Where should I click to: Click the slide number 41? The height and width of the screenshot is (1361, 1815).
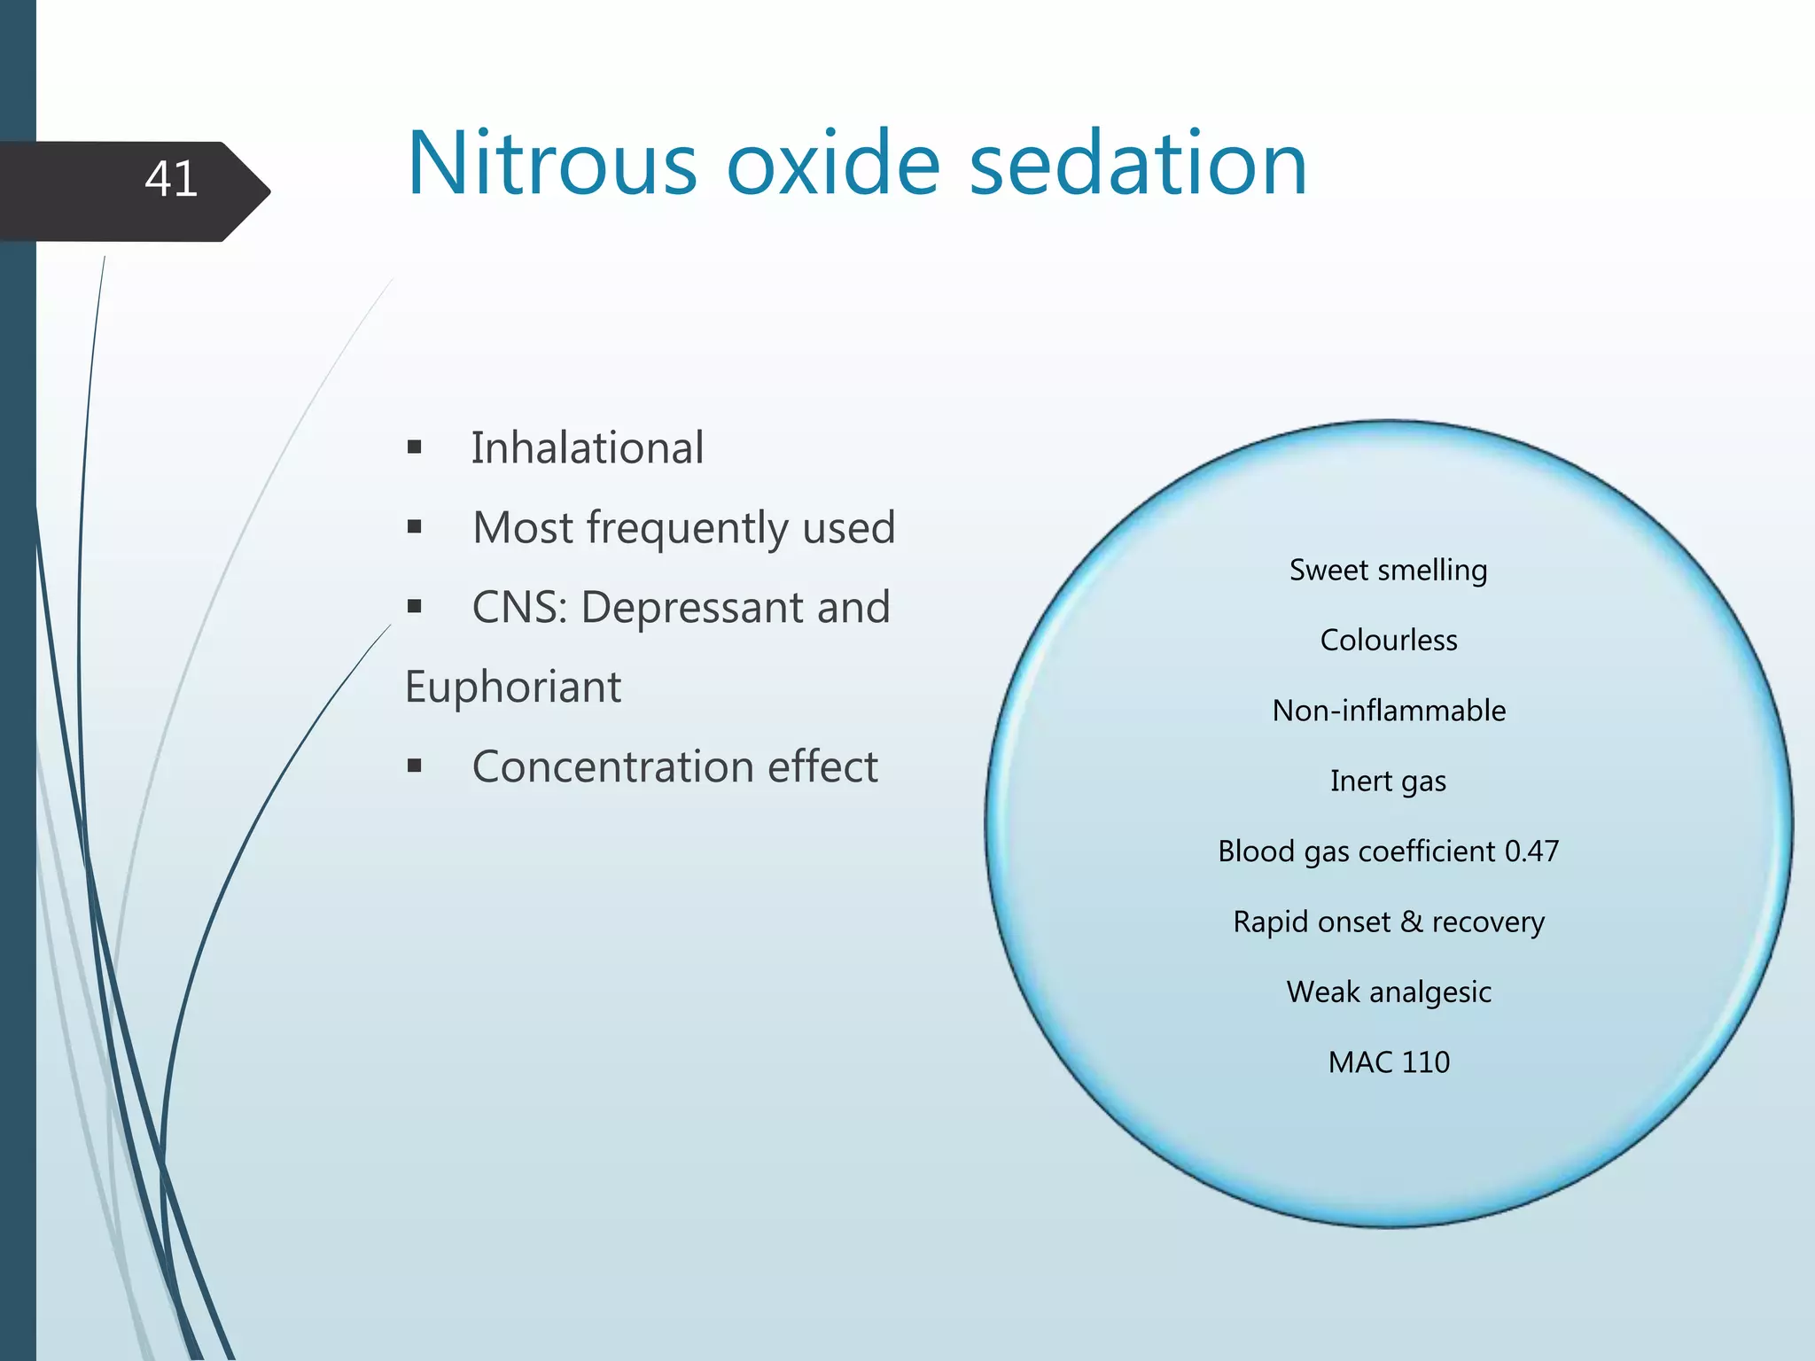tap(171, 180)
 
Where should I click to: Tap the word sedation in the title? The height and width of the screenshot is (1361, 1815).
tap(1138, 165)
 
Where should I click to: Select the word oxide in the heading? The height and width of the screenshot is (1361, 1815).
tap(833, 165)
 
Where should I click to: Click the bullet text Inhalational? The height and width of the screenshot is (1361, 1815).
tap(588, 448)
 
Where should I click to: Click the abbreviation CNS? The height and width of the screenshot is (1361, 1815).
tap(519, 608)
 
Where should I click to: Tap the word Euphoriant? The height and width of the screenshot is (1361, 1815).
tap(513, 688)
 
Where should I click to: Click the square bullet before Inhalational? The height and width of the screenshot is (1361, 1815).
tap(415, 447)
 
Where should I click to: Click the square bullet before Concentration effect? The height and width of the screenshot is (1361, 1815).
tap(415, 766)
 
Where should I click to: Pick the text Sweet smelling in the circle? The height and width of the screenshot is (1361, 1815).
tap(1388, 571)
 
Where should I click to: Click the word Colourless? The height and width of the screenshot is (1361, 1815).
tap(1388, 641)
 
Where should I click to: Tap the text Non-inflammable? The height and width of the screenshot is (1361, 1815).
tap(1388, 711)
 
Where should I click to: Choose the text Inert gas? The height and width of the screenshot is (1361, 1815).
tap(1388, 782)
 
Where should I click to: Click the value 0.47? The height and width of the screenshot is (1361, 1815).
tap(1531, 852)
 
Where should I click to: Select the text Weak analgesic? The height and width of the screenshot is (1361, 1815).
tap(1388, 992)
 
